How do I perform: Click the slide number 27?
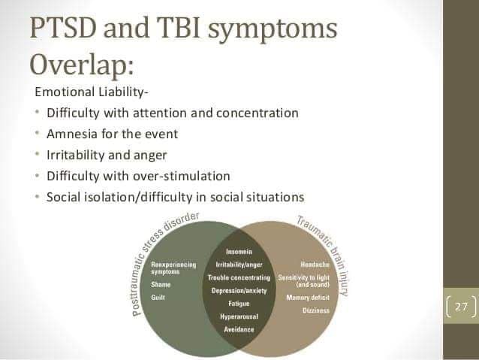[461, 307]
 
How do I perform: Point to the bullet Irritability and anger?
[107, 156]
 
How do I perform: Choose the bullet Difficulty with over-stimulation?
[138, 176]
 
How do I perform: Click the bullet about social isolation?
[175, 197]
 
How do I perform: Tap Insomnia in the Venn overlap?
[239, 251]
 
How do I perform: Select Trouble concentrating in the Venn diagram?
[239, 277]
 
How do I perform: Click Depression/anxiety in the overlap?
[239, 290]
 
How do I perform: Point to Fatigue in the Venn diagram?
[239, 304]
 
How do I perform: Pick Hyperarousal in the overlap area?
[239, 316]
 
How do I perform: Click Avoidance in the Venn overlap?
[239, 329]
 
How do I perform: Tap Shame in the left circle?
[161, 285]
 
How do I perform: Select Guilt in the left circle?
[158, 298]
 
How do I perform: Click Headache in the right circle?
[313, 265]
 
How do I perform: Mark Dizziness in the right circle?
[315, 310]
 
